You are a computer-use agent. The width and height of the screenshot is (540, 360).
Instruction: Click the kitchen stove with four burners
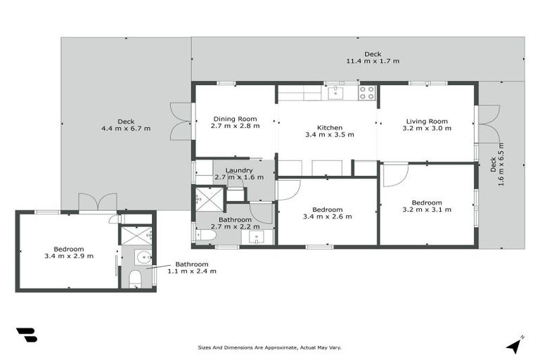[x=367, y=92]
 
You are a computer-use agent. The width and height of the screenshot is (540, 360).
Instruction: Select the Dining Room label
[x=235, y=119]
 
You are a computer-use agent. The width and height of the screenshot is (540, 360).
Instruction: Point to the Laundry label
[x=239, y=170]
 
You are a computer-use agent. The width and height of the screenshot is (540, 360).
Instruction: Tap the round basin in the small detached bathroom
[x=143, y=257]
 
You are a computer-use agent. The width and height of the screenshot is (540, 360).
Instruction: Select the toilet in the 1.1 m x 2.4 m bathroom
[x=135, y=279]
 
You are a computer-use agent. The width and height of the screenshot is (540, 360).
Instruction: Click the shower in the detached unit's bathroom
[x=136, y=235]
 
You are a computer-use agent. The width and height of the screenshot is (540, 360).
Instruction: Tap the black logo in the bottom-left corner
[x=26, y=335]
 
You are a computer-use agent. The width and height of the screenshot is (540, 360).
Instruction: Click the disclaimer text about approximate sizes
[x=269, y=347]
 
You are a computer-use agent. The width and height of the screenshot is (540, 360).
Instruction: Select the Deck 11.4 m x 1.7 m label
[x=373, y=58]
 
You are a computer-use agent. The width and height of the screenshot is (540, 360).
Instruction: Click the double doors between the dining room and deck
[x=180, y=121]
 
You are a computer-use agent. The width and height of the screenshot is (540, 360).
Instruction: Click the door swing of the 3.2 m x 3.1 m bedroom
[x=394, y=174]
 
